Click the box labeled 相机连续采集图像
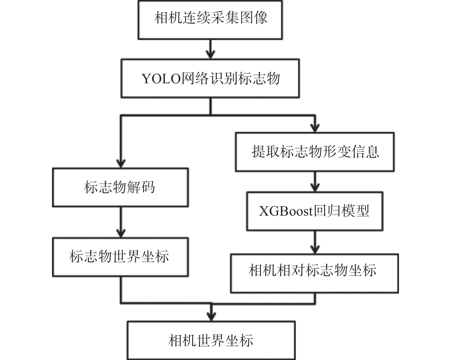[210, 20]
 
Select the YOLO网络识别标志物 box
[210, 79]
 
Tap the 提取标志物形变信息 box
[315, 152]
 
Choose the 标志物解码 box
[120, 187]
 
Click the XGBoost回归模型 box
[315, 211]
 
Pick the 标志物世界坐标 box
[120, 257]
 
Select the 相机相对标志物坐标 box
[315, 273]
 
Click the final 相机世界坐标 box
[211, 340]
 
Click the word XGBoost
[286, 211]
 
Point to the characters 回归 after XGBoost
[327, 211]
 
